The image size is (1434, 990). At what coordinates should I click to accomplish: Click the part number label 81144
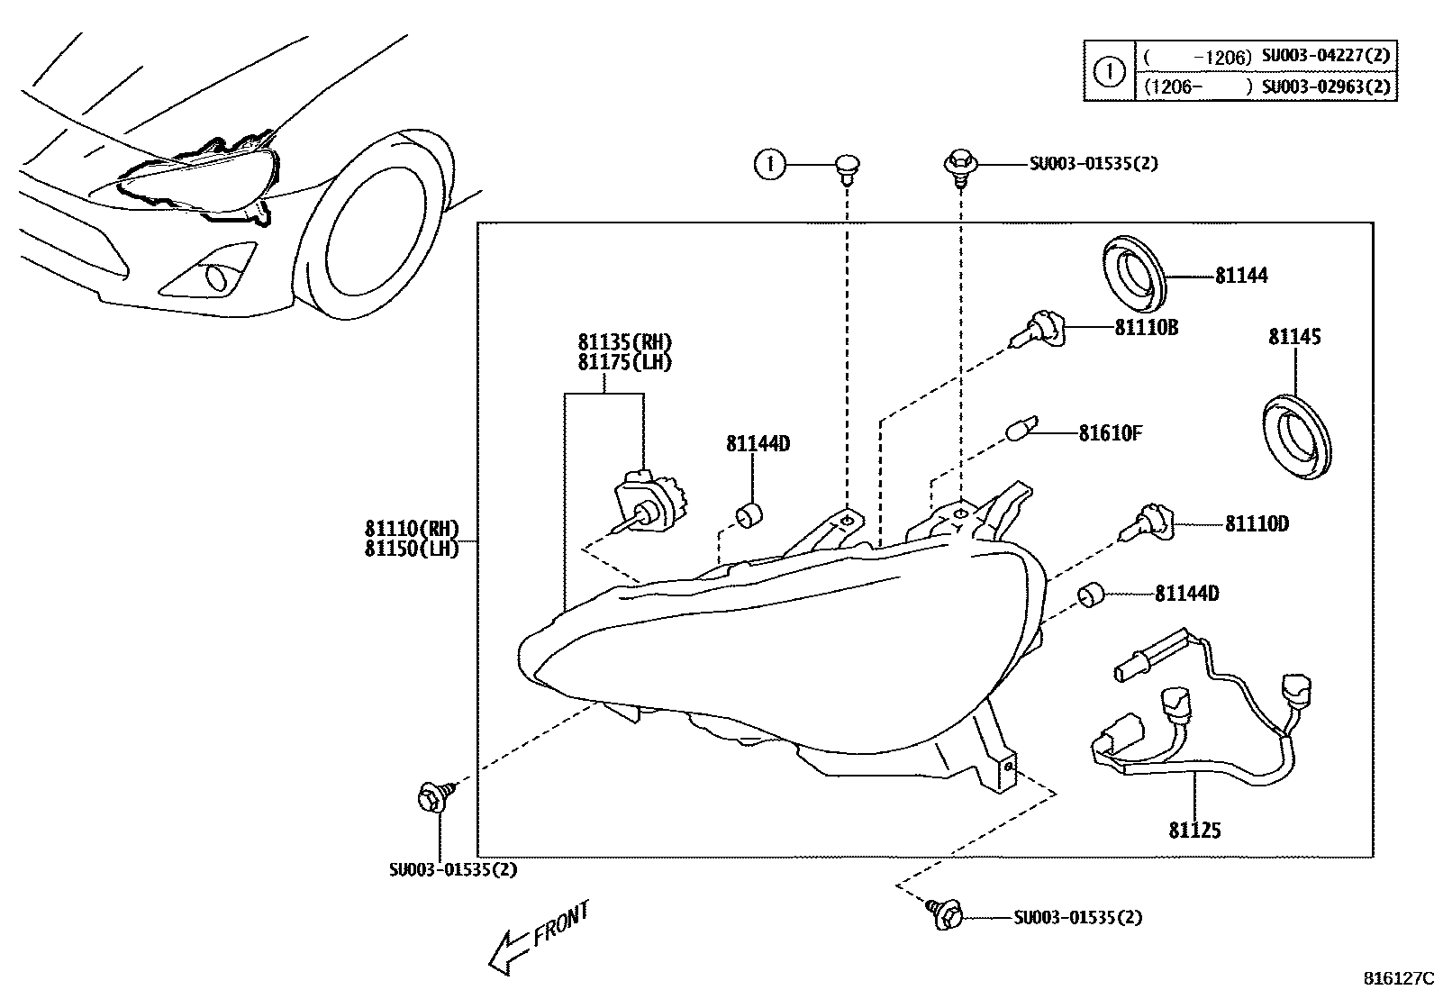pos(1240,276)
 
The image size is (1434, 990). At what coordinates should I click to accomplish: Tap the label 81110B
pos(1146,328)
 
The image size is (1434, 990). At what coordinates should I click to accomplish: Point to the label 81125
pos(1194,830)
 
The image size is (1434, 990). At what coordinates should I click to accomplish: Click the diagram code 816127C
pos(1395,977)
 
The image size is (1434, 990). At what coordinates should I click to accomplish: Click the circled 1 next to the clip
pos(769,165)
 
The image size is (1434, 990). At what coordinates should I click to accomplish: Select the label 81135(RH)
pos(624,342)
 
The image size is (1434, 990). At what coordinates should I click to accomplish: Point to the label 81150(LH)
pos(412,548)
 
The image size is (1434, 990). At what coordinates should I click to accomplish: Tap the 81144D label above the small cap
pos(758,443)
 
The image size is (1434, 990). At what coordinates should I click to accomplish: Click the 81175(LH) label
pos(624,362)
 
